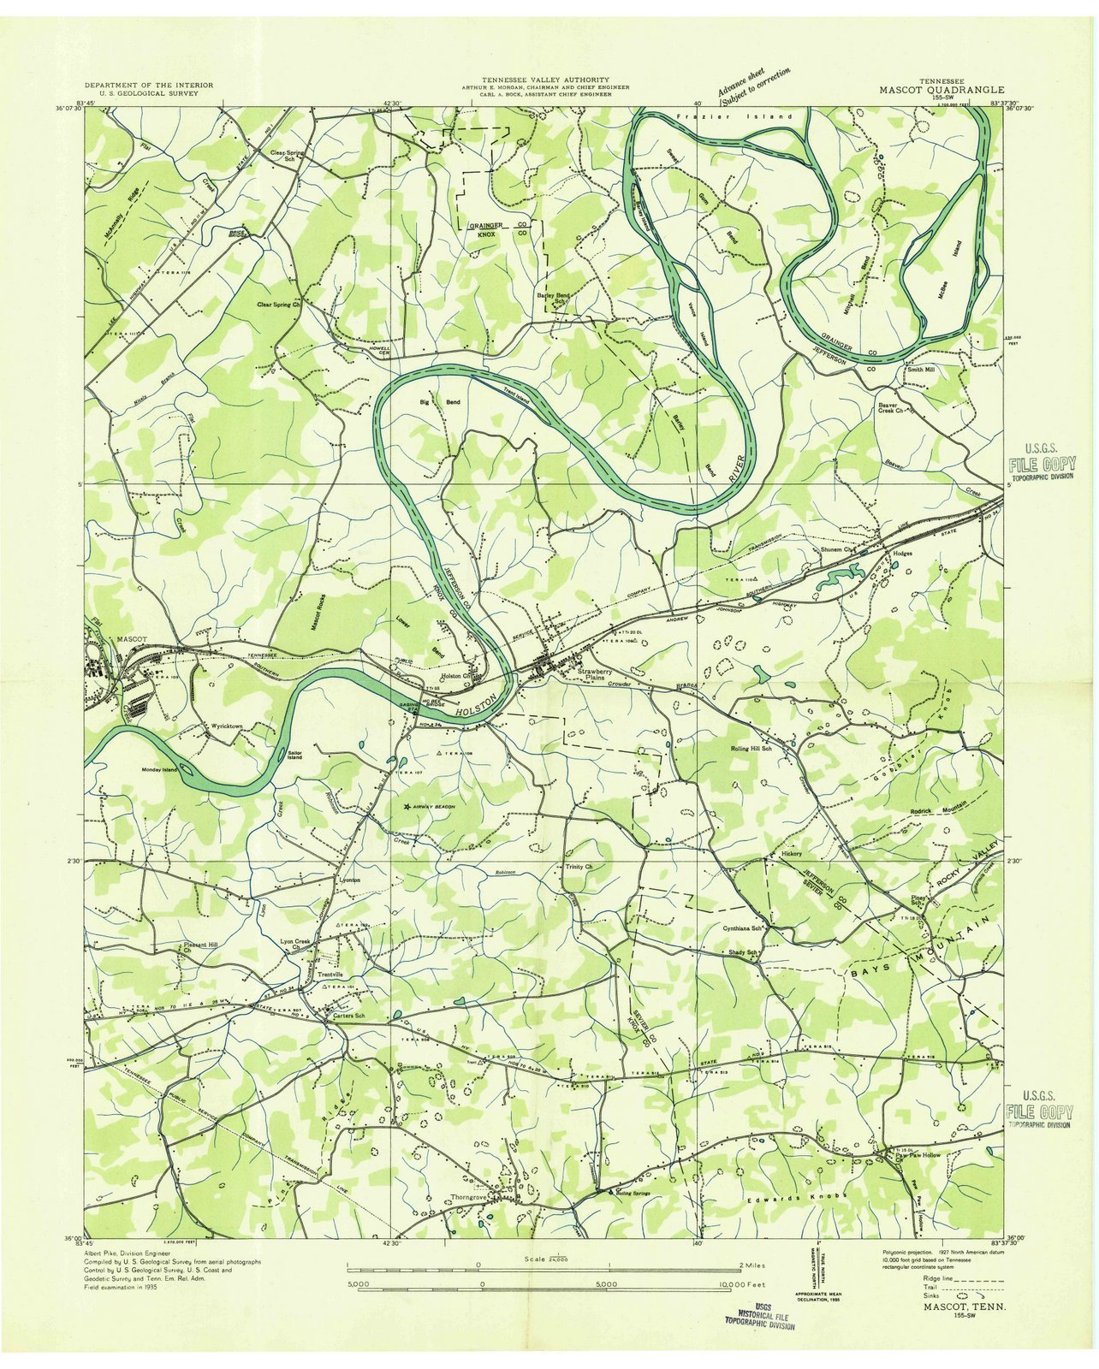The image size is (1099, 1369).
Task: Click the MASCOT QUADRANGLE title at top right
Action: tap(942, 88)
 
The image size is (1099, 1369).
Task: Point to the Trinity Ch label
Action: tap(579, 867)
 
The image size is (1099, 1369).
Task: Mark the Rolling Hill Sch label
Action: tap(751, 749)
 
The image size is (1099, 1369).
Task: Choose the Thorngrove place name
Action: tap(468, 1197)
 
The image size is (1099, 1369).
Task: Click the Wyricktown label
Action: tap(227, 726)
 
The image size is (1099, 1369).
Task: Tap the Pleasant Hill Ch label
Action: tap(200, 946)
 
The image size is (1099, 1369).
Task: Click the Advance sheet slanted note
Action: tap(753, 86)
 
